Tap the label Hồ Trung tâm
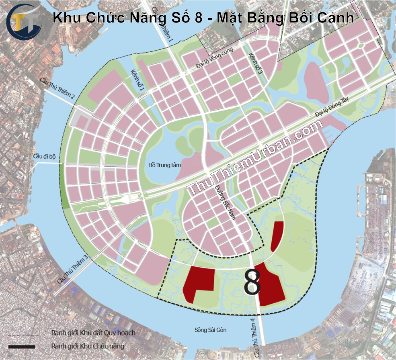click(x=165, y=165)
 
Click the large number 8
click(x=252, y=283)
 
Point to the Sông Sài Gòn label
click(x=210, y=330)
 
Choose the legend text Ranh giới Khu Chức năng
click(x=88, y=346)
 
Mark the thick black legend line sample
click(x=21, y=346)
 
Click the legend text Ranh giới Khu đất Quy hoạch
click(x=93, y=333)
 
